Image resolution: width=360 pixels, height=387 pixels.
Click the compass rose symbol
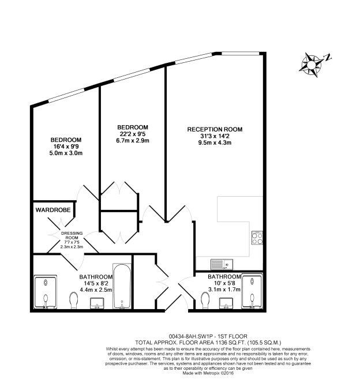tap(311, 65)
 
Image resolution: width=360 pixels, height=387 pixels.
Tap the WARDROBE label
tap(53, 210)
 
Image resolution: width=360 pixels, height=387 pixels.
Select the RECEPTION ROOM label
tap(215, 129)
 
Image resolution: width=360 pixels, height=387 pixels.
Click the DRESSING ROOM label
tap(72, 235)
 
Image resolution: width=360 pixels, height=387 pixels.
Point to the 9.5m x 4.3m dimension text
tap(215, 142)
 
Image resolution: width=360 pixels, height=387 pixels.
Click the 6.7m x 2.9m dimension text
tap(133, 141)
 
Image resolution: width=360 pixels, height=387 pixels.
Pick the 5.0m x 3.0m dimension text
tap(66, 153)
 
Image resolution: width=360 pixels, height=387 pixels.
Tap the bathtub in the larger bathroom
tap(122, 286)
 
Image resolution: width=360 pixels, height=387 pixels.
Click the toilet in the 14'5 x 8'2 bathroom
tap(74, 300)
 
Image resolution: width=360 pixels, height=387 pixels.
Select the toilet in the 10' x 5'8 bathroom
tap(205, 300)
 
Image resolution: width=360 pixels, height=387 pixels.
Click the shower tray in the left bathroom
tap(45, 292)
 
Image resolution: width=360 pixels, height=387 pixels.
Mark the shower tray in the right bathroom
tap(252, 291)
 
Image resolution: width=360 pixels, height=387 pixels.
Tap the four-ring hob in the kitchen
tap(257, 238)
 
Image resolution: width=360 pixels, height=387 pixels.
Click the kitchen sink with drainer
tap(222, 264)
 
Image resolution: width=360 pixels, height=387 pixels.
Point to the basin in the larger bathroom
tap(97, 303)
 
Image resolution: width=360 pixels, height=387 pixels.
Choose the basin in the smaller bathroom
tap(226, 303)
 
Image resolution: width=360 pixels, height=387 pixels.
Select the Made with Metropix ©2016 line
tap(208, 373)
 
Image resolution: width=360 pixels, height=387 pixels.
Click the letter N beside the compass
tap(328, 58)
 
